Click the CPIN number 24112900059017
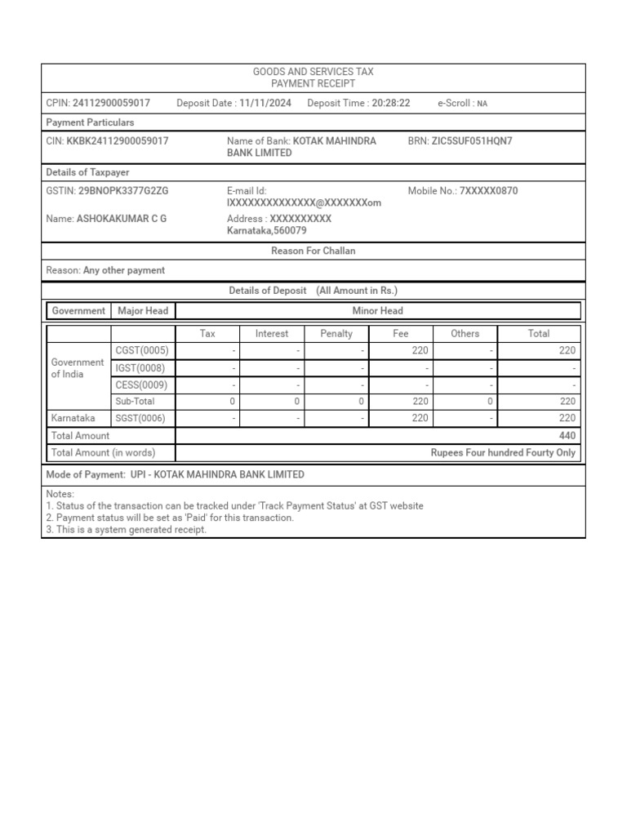click(111, 103)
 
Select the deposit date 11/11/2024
click(265, 103)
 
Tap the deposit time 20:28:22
click(390, 103)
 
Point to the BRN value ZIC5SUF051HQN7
click(472, 141)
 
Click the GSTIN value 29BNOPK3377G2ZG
click(123, 191)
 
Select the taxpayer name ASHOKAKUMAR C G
click(122, 219)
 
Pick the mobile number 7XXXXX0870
click(488, 191)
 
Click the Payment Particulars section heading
click(91, 122)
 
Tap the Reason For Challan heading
click(313, 251)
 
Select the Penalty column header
click(336, 333)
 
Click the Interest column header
click(272, 333)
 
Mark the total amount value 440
click(567, 436)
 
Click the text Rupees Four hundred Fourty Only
click(503, 453)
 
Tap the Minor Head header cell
click(377, 310)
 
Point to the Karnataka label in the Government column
click(73, 418)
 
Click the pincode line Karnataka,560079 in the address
click(267, 231)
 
